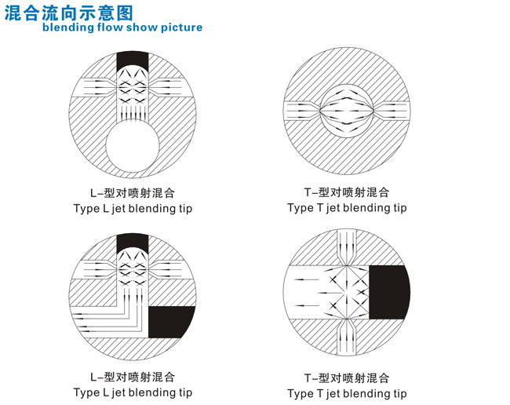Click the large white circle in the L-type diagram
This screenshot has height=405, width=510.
(x=132, y=149)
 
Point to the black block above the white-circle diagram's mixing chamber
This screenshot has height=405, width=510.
(x=133, y=60)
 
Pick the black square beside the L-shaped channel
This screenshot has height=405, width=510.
(x=170, y=322)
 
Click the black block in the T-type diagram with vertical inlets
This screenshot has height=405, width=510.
(x=388, y=292)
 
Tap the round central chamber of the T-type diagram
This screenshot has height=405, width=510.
(x=348, y=112)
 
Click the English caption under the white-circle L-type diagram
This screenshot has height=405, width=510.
(x=133, y=209)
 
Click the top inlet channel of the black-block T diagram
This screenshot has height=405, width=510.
(x=348, y=244)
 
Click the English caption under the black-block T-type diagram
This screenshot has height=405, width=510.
(x=347, y=392)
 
